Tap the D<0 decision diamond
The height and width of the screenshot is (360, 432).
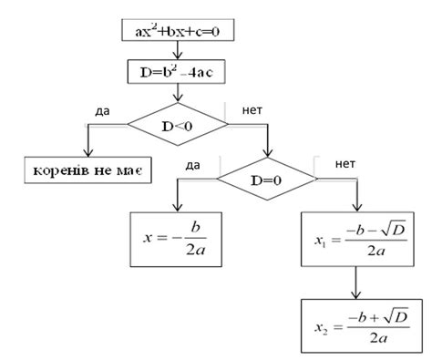(178, 120)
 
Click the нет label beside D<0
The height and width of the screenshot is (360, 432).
(253, 110)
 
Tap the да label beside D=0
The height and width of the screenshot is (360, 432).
(192, 165)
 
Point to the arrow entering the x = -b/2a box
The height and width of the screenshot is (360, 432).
(177, 199)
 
